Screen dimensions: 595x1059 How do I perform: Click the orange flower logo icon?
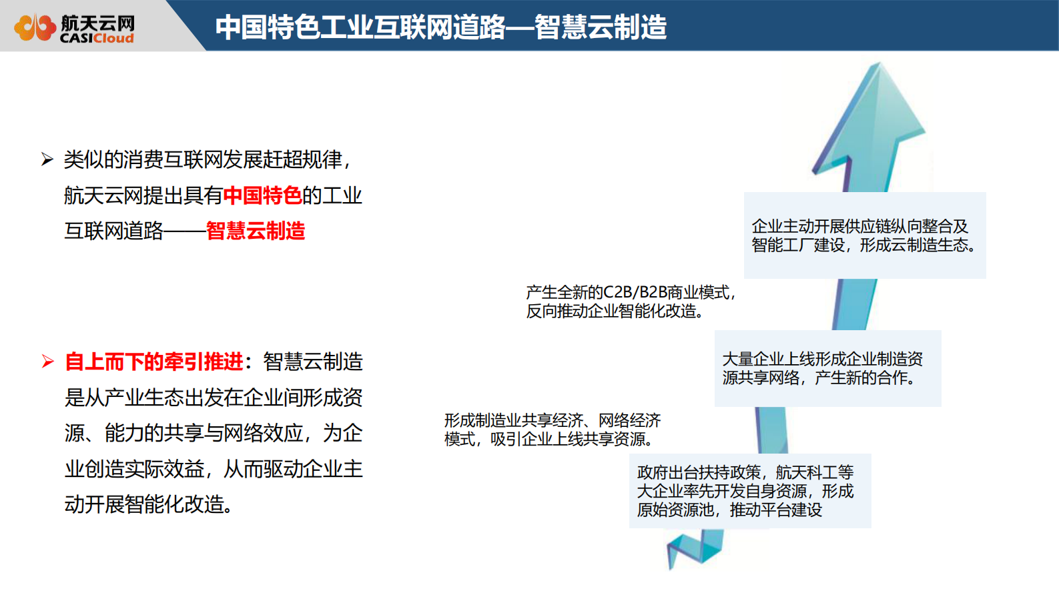point(35,27)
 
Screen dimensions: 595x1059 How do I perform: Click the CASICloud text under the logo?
point(97,39)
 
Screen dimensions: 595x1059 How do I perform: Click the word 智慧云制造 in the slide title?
point(600,27)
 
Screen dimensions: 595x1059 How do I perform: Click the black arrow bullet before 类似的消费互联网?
point(47,159)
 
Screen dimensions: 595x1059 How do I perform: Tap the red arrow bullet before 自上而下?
point(47,362)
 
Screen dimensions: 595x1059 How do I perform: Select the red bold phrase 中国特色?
point(262,195)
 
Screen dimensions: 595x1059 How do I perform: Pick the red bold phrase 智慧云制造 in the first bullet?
point(255,231)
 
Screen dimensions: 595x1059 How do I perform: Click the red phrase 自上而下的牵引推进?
point(153,362)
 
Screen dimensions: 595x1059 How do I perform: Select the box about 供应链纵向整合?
point(864,235)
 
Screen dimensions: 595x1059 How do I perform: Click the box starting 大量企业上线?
point(827,368)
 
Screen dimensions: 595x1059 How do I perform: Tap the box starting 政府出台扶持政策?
point(749,491)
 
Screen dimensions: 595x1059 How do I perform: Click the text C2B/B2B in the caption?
point(635,292)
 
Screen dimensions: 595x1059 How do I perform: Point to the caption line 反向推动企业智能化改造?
point(614,311)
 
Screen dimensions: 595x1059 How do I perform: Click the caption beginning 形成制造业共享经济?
point(552,430)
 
